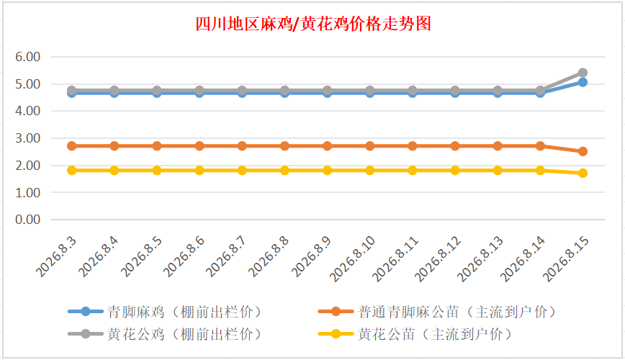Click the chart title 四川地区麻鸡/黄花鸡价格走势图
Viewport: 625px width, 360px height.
coord(313,24)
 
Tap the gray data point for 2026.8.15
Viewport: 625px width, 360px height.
coord(583,73)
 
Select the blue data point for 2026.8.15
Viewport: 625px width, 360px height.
coord(583,83)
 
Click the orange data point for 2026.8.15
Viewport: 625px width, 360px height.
coord(583,151)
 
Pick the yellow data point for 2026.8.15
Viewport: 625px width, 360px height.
coord(583,173)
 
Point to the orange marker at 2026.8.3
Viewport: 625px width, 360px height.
coord(72,146)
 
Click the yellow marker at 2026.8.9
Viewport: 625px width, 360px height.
coord(327,170)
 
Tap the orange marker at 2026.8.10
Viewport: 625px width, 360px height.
coord(370,146)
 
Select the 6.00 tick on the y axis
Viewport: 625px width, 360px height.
coord(28,57)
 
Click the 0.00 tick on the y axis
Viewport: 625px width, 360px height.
coord(28,220)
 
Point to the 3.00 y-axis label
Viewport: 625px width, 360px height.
coord(28,138)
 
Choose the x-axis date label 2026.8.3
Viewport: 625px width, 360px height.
coord(56,256)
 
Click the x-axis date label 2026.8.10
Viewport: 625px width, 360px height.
coord(352,258)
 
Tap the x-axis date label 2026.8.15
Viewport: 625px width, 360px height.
coord(566,258)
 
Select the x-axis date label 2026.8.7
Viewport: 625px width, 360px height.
coord(226,256)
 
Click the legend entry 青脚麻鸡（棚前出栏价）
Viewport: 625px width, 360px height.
coord(164,312)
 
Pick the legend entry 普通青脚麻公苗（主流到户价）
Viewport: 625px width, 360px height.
coord(437,312)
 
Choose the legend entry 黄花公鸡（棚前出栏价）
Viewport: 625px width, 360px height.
coord(164,333)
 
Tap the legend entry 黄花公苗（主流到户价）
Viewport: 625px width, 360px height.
coord(415,333)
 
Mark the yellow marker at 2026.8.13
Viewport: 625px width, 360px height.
coord(498,170)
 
